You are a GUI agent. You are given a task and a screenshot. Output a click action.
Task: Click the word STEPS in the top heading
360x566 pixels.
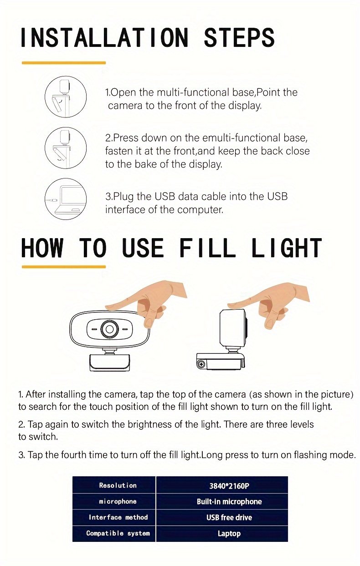[x=239, y=37]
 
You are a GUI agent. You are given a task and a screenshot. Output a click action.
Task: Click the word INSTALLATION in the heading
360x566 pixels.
[x=104, y=37]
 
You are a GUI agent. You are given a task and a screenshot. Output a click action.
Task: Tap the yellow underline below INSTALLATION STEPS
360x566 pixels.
[x=64, y=63]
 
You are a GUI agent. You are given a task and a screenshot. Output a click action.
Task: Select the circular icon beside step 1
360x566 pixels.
[x=66, y=97]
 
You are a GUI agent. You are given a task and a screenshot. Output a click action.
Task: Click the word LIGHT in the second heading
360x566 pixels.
[x=287, y=248]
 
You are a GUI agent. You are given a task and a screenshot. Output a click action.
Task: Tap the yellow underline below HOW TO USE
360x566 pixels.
[x=64, y=266]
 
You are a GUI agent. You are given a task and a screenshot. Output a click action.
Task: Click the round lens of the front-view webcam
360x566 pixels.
[x=109, y=329]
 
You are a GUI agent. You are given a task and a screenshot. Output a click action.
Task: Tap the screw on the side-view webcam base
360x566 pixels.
[x=201, y=364]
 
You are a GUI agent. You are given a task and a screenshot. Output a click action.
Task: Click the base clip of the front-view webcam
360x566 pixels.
[x=109, y=362]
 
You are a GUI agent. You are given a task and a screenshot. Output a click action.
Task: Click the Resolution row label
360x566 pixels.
[x=118, y=485]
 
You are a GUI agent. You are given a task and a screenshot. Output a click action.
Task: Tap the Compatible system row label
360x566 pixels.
[x=118, y=533]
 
